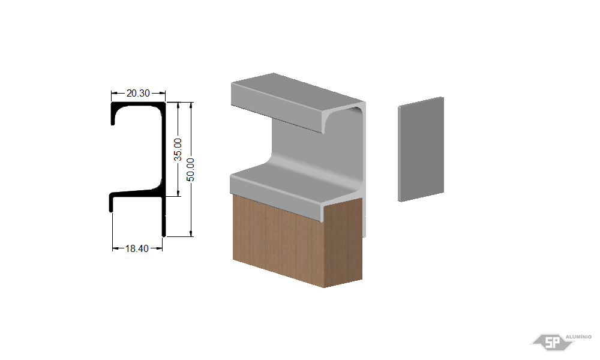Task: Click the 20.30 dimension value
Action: pos(138,93)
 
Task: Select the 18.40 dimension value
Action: pos(137,248)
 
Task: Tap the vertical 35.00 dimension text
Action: pos(178,149)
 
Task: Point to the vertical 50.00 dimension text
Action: pos(191,169)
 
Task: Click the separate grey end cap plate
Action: pos(421,149)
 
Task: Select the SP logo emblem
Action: pos(552,342)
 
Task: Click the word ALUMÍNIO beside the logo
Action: pos(578,337)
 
